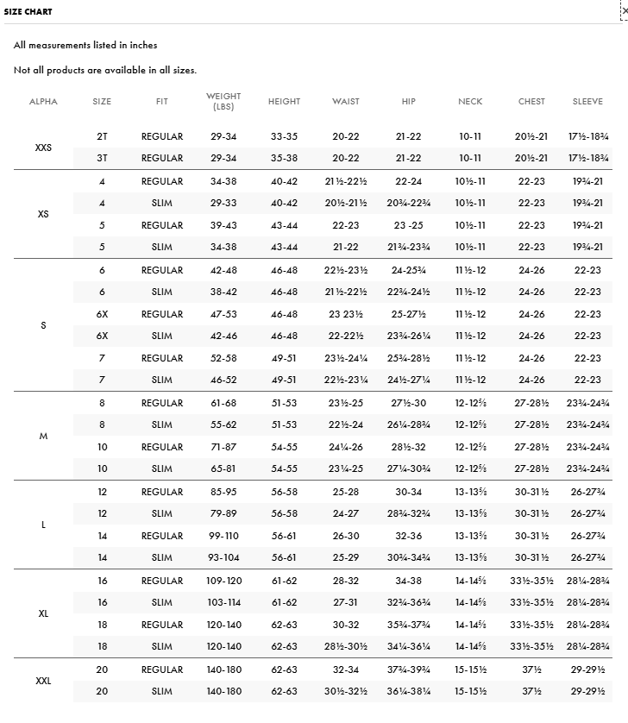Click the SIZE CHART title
(28, 12)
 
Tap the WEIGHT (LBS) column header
(223, 101)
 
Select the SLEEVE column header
(587, 102)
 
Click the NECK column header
(470, 102)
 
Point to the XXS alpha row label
(43, 148)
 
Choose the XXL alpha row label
(43, 681)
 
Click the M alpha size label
(43, 437)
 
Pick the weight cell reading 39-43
(223, 225)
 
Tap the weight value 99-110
(223, 536)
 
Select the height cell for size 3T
(284, 159)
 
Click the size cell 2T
(102, 136)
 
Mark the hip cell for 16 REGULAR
(408, 581)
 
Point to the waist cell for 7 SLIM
(346, 380)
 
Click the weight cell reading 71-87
(223, 447)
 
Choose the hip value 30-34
(408, 492)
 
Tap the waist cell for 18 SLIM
(346, 647)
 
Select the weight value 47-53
(223, 314)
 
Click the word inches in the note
(142, 45)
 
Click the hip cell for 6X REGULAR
(408, 314)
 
